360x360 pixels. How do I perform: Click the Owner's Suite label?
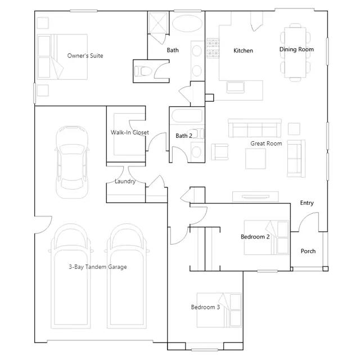tap(85, 56)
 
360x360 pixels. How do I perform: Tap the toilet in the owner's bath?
tap(143, 71)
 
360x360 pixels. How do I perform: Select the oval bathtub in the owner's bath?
tap(187, 24)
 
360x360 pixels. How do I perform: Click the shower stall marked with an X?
tap(158, 22)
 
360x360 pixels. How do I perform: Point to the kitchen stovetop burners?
tap(213, 48)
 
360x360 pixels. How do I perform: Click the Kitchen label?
tap(243, 51)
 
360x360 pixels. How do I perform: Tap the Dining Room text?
tap(296, 49)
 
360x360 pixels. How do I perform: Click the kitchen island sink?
tap(235, 87)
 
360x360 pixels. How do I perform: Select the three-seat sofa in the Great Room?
tap(255, 128)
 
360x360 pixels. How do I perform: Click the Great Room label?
tap(266, 143)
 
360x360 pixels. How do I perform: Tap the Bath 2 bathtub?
tap(187, 116)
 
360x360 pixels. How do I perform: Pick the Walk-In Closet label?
tap(130, 133)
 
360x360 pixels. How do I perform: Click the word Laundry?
tap(125, 181)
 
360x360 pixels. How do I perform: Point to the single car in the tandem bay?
tap(72, 162)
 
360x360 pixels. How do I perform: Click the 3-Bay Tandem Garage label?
tap(98, 267)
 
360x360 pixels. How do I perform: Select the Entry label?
tap(307, 203)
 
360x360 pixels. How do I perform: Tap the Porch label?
tap(308, 251)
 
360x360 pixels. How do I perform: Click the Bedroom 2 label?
tap(255, 237)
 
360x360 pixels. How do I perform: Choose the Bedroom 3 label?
tap(205, 307)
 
